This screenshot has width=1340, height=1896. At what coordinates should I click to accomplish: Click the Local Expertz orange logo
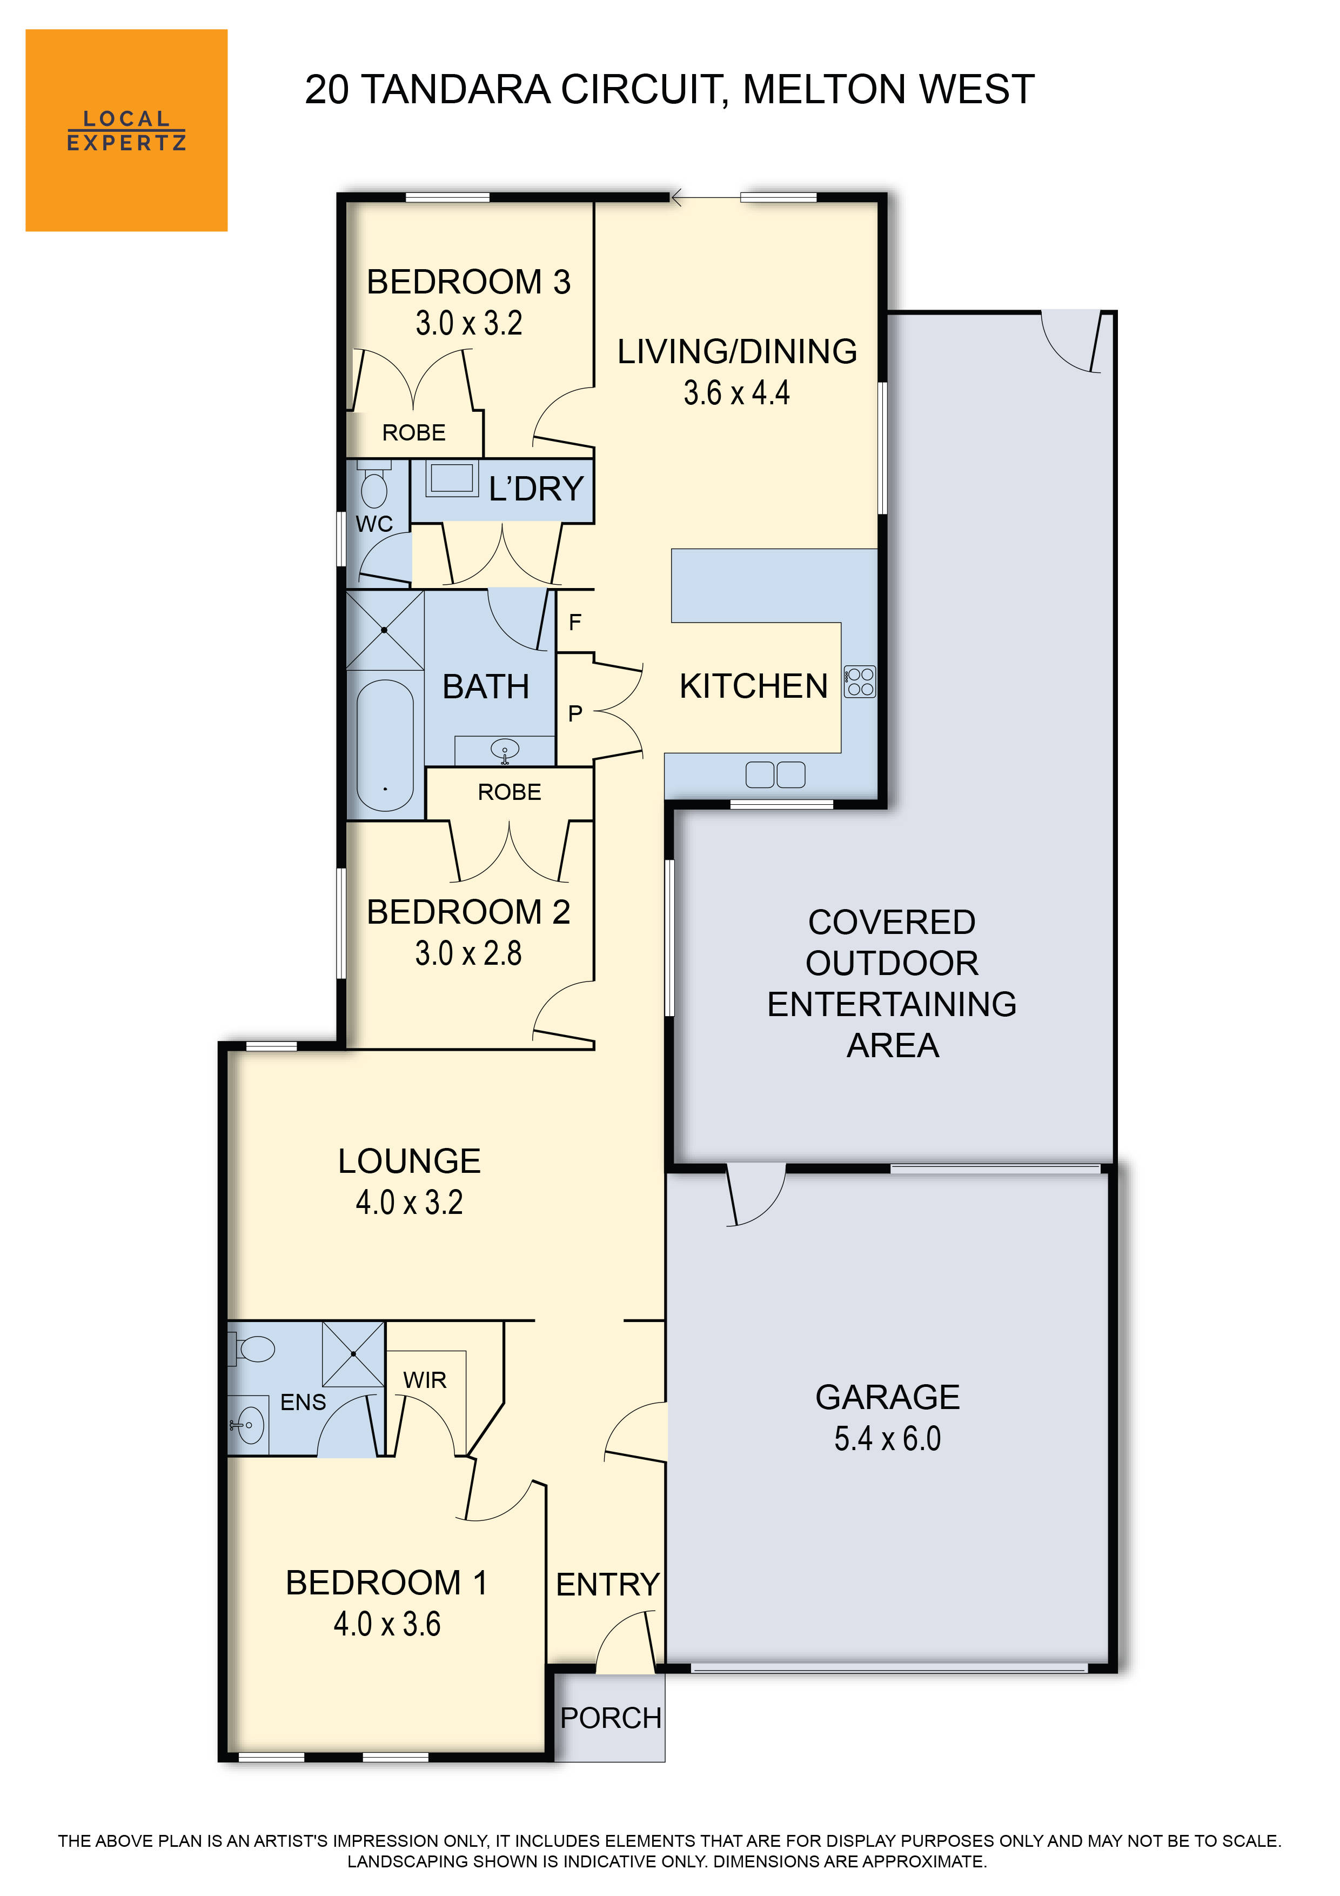tap(126, 130)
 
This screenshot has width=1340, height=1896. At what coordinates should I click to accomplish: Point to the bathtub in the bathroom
tap(385, 745)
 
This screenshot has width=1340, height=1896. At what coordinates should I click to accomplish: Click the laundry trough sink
tap(451, 478)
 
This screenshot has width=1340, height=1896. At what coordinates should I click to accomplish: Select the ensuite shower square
tap(352, 1354)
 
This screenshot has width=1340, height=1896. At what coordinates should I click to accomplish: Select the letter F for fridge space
tap(575, 621)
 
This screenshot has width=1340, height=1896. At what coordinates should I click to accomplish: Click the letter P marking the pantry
tap(575, 713)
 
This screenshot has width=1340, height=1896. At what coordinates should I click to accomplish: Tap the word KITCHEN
tap(753, 686)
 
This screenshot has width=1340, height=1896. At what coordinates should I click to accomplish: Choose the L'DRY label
tap(536, 489)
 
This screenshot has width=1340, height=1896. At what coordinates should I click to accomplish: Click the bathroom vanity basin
tap(505, 750)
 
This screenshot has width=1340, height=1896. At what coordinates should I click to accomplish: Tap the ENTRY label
tap(608, 1585)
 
